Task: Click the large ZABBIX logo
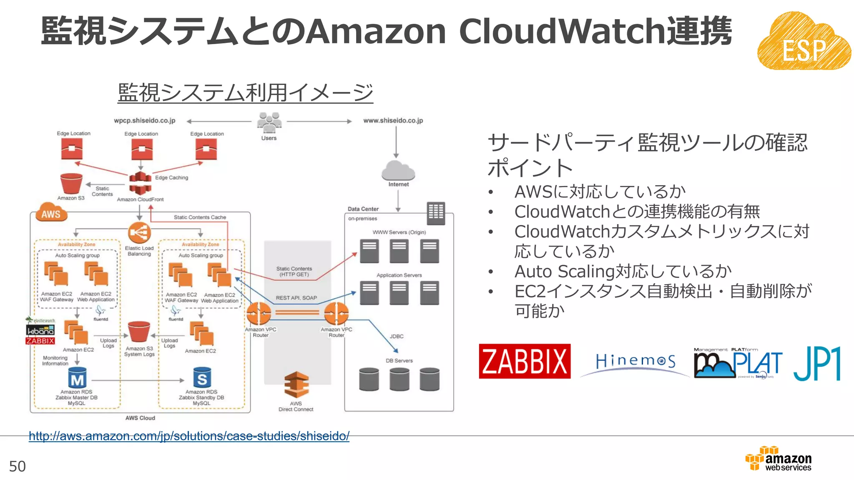click(x=525, y=361)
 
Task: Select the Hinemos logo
click(x=635, y=361)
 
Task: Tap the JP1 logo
click(x=816, y=363)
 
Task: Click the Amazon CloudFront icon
click(x=140, y=183)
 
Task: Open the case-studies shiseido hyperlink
click(x=189, y=436)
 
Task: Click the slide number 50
click(x=18, y=466)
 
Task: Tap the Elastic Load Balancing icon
click(x=139, y=233)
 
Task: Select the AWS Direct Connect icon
click(x=296, y=385)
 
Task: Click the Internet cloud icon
click(x=398, y=170)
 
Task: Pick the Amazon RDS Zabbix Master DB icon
click(x=77, y=378)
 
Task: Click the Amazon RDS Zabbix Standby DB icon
click(x=202, y=378)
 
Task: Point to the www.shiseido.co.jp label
click(x=393, y=120)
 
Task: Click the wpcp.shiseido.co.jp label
click(x=144, y=120)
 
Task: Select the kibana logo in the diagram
click(x=40, y=330)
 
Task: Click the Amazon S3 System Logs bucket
click(x=139, y=332)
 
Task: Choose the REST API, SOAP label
click(x=296, y=298)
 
